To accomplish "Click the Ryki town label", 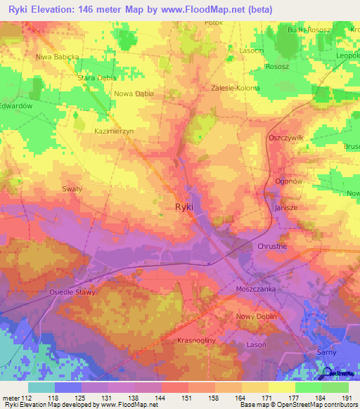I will pos(184,207).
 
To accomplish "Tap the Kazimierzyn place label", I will pos(114,131).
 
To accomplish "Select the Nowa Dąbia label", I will pos(134,93).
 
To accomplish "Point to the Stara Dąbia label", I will pos(96,78).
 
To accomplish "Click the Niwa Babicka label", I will pos(57,56).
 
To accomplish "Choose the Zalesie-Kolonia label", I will pos(236,89).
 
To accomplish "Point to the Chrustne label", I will pos(271,246).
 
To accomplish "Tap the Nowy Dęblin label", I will pos(257,316).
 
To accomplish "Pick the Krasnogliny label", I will pos(194,339).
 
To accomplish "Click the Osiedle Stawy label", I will pos(72,290).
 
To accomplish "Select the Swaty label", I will pos(72,190).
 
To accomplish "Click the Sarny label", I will pos(327,352).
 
